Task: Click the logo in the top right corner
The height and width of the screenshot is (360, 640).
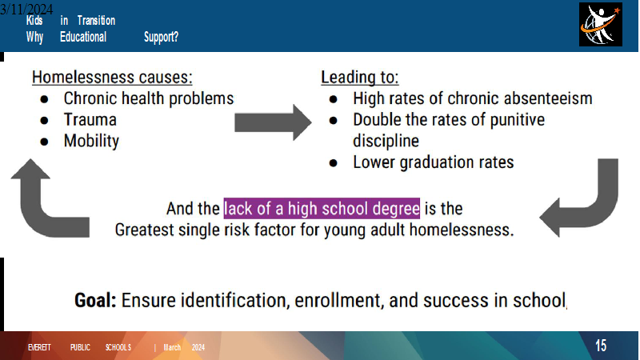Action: [601, 25]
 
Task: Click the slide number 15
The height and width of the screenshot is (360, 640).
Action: [601, 346]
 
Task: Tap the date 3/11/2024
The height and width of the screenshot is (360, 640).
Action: [26, 9]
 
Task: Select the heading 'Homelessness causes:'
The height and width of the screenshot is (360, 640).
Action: [112, 77]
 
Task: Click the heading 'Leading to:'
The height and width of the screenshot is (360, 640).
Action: [359, 77]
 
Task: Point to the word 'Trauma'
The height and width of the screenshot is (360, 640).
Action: [90, 119]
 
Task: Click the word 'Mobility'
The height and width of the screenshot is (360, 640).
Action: [91, 142]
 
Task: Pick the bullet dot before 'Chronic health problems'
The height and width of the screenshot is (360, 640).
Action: [45, 99]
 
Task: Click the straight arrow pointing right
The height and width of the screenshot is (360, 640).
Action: [273, 122]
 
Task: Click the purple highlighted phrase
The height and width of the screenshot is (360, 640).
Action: [322, 209]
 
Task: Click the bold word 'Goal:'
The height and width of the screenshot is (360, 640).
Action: [95, 301]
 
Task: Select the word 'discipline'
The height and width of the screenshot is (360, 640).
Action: [386, 142]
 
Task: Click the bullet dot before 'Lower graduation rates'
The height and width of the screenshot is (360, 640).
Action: [334, 163]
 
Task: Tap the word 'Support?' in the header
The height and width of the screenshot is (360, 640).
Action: [162, 37]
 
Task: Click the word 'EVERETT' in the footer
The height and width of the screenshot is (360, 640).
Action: [39, 347]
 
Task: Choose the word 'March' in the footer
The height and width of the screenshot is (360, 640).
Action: [172, 347]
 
